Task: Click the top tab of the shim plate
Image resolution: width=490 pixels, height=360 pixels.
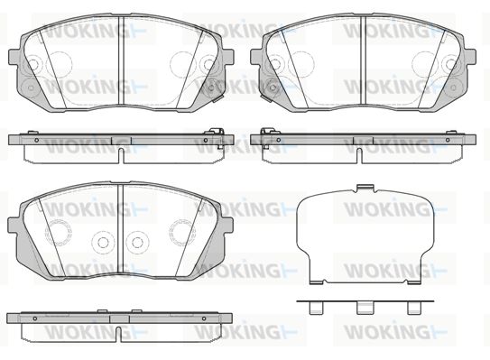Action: (365, 188)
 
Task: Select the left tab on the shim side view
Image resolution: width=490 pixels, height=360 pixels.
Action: (316, 308)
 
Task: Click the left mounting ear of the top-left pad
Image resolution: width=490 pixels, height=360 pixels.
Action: (14, 58)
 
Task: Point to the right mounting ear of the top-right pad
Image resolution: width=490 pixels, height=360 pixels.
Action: (470, 58)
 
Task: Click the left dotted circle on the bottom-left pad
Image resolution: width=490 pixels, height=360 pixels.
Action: (58, 233)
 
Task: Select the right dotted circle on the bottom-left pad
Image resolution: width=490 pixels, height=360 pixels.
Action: (182, 233)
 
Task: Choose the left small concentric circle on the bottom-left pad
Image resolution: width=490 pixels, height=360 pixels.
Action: (102, 242)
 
